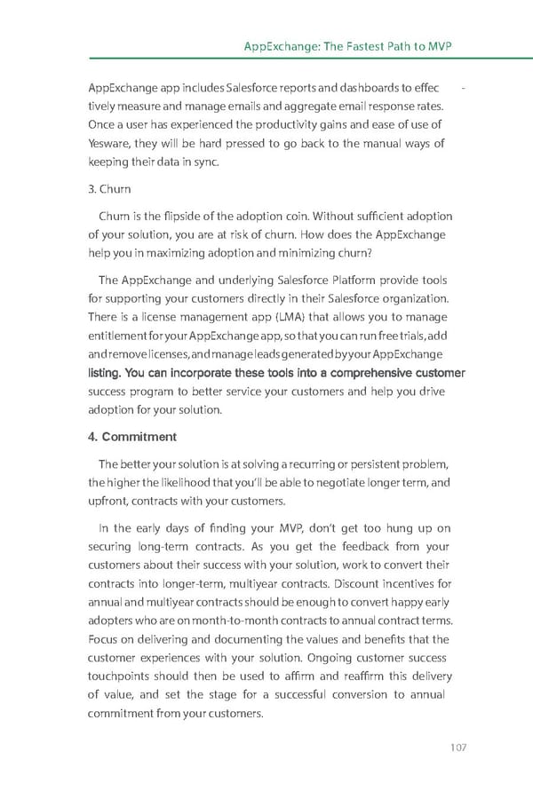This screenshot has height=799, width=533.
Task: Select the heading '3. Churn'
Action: [x=109, y=189]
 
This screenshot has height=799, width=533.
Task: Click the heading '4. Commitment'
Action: [x=132, y=437]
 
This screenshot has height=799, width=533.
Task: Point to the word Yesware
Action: [x=110, y=143]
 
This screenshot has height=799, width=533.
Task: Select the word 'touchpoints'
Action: [x=123, y=677]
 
